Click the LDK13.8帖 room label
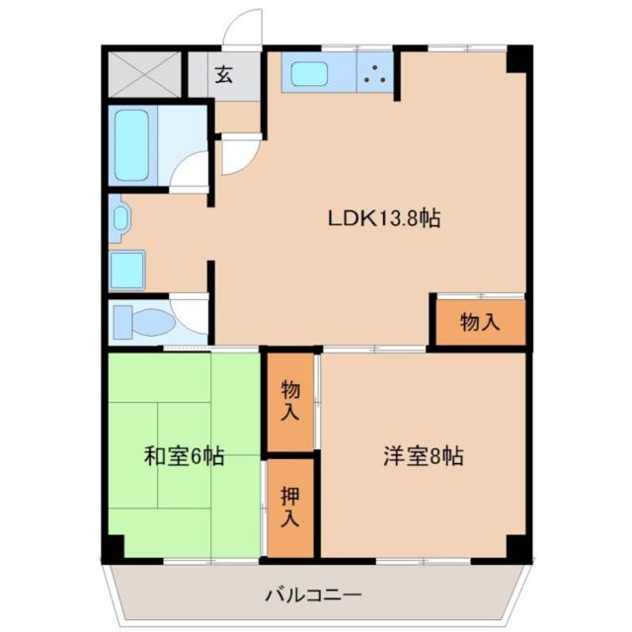point(383,219)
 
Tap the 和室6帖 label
point(184,456)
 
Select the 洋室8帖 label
point(424,456)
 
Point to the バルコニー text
point(313,595)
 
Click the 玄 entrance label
point(224,75)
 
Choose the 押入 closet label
point(289,506)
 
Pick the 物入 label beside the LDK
point(480,321)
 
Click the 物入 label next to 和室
point(289,399)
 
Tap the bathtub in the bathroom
point(131,144)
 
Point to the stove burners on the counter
point(374,73)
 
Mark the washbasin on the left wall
point(120,217)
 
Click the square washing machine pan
point(127,270)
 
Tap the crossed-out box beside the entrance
point(145,73)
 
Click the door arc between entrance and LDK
point(238,156)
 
